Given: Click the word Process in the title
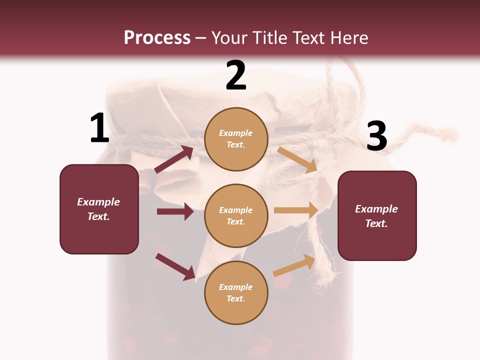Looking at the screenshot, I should click(157, 38).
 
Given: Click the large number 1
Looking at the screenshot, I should click(99, 128).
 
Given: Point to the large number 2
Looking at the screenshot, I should click(236, 75).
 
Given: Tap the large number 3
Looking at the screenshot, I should click(376, 136).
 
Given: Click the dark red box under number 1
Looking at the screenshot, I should click(99, 209).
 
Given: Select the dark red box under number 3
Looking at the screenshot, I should click(377, 215).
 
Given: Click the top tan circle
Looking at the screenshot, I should click(236, 139).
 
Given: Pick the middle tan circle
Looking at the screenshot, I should click(236, 215).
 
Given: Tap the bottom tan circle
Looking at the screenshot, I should click(236, 292).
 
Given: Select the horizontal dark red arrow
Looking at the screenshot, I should click(175, 211).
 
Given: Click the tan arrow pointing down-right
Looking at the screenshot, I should click(297, 160).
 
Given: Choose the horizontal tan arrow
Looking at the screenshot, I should click(296, 210).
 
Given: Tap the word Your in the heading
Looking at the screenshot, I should click(228, 38).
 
